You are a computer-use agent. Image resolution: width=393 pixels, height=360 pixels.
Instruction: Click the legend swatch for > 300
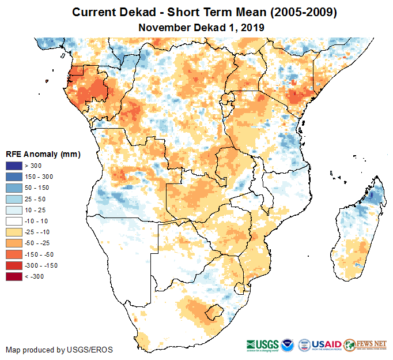[x=14, y=166]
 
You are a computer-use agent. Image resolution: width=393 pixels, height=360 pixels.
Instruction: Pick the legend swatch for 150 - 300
[x=14, y=177]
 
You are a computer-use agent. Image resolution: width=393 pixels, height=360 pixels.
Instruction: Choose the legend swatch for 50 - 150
[x=14, y=187]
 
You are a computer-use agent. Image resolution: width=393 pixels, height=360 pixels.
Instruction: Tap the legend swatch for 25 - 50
[x=14, y=199]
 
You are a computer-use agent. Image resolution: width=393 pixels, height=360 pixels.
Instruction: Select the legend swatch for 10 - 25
[x=14, y=210]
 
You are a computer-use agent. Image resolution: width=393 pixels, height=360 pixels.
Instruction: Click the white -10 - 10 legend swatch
[x=14, y=221]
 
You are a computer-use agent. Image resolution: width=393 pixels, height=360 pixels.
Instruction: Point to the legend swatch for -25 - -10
[x=14, y=232]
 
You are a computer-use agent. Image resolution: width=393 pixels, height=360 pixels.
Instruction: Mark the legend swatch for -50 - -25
[x=14, y=243]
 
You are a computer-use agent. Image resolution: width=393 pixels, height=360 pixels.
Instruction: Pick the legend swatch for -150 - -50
[x=14, y=254]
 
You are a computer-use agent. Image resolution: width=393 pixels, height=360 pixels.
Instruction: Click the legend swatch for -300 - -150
[x=14, y=265]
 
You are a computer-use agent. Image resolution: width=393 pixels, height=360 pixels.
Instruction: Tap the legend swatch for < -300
[x=14, y=276]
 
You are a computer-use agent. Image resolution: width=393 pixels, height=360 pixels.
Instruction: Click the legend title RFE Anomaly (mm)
[x=43, y=154]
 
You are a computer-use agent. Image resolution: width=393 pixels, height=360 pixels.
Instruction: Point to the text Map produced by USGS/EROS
[x=59, y=350]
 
